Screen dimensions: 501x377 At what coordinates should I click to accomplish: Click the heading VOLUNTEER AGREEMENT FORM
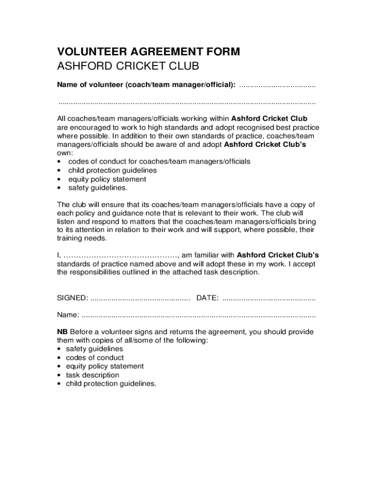(148, 52)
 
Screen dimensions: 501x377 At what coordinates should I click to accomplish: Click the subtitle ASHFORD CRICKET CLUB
(128, 67)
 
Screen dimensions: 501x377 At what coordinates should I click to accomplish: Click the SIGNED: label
(73, 298)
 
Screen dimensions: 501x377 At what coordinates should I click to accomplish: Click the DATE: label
(207, 298)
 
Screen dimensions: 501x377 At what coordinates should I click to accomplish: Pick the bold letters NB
(62, 332)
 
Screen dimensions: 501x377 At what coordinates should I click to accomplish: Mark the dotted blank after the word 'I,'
(120, 256)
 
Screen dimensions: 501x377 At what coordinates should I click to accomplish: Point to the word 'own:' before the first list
(65, 153)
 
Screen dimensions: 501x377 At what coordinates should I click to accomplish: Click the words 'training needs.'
(81, 239)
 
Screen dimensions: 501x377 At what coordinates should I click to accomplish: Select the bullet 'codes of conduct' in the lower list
(95, 358)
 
